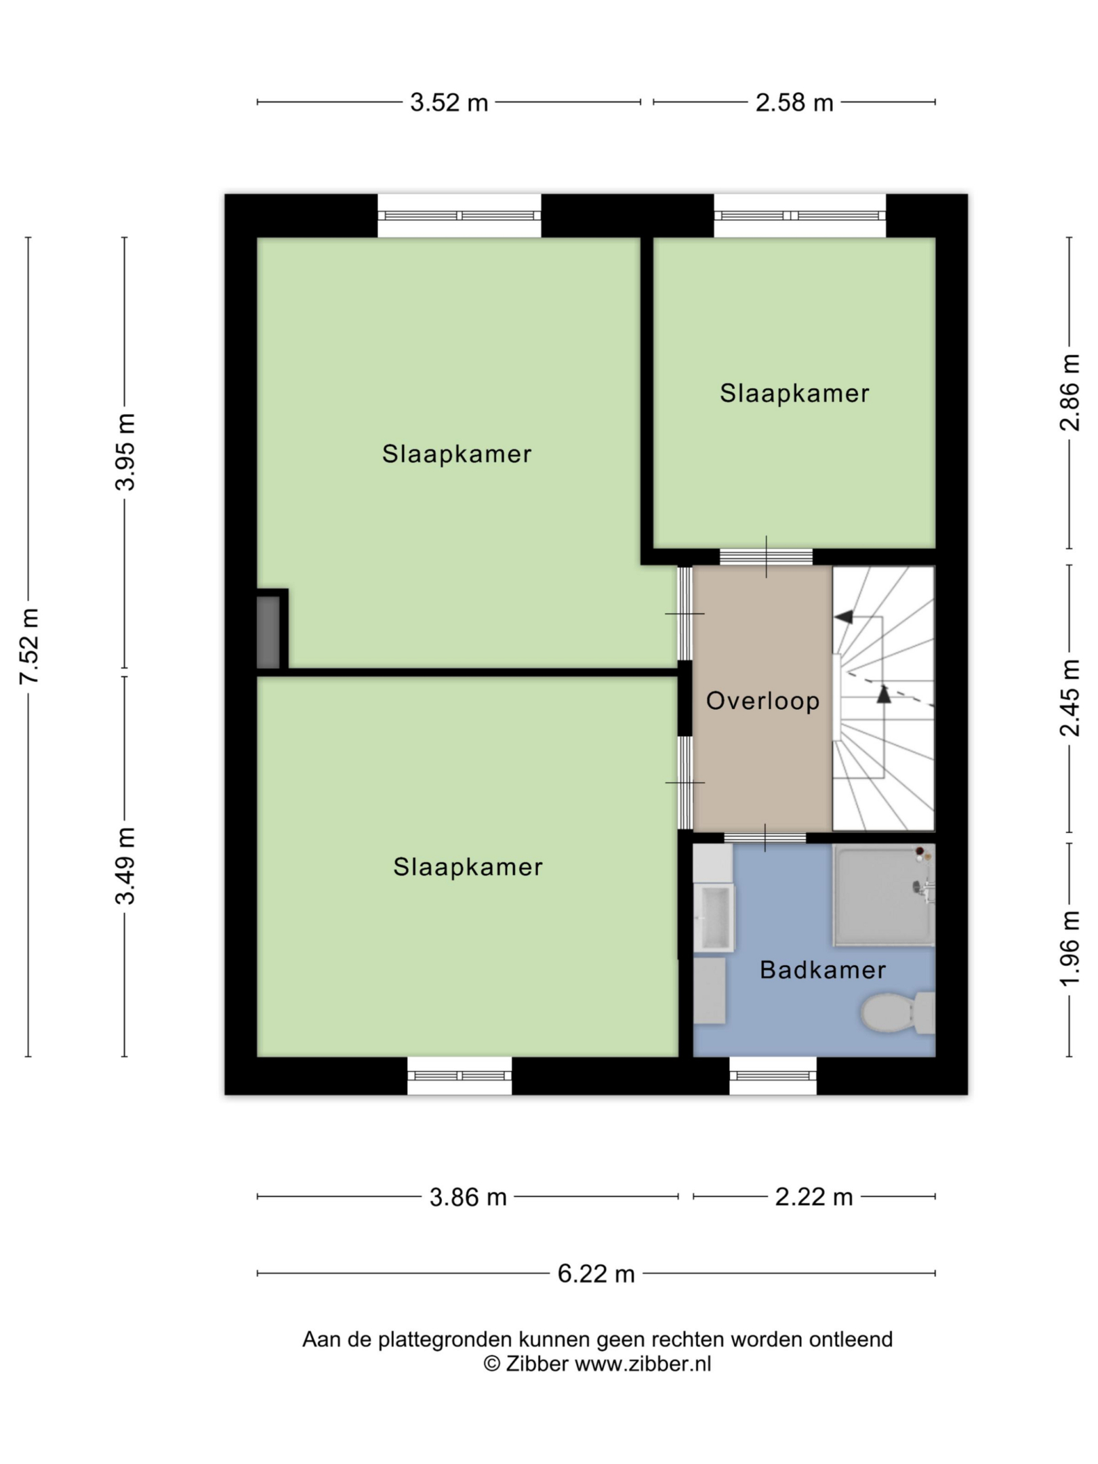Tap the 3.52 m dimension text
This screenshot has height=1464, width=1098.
[449, 103]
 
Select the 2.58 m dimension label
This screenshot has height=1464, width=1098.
[794, 103]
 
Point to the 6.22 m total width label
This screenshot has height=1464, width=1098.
[596, 1274]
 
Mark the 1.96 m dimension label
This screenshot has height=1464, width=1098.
[1070, 950]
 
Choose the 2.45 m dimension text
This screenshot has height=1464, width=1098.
[1070, 698]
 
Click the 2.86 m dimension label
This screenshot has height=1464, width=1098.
[1070, 392]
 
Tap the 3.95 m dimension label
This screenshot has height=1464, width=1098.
[125, 451]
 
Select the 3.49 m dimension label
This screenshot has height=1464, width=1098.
[125, 866]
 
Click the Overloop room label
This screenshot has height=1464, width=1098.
[762, 701]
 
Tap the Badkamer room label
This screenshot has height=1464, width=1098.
[823, 970]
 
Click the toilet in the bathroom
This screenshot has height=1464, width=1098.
[897, 1013]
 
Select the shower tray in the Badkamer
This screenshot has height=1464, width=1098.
[884, 895]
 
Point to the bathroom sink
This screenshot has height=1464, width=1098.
[714, 918]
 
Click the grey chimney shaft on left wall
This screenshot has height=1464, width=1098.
[268, 632]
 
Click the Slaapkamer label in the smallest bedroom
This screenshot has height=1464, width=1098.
[794, 394]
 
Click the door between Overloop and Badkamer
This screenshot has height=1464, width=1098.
[765, 838]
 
